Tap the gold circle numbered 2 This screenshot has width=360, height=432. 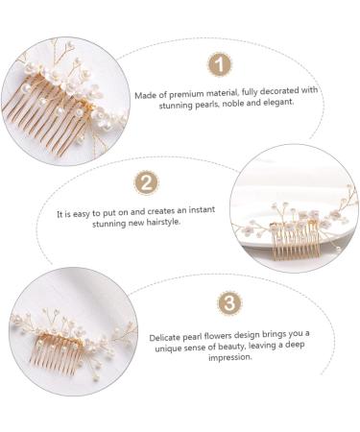coord(147,182)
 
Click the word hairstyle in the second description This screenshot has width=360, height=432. coord(167,222)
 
